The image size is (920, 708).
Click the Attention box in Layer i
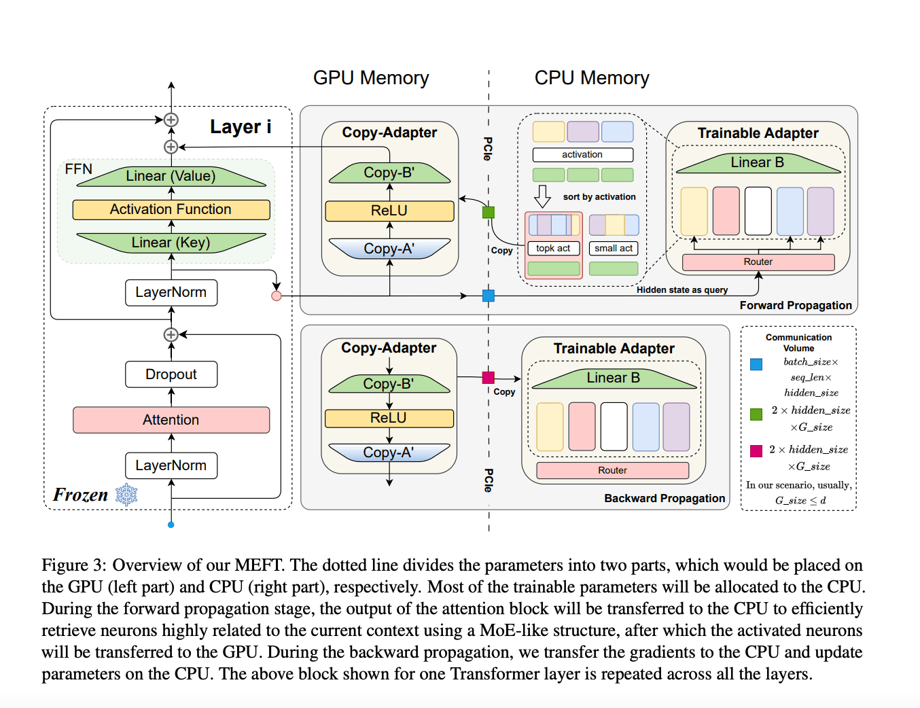(171, 420)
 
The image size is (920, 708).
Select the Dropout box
(171, 374)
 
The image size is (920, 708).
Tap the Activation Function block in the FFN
(171, 209)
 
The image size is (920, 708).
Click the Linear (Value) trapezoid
(171, 177)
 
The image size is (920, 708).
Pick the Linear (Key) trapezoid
(171, 243)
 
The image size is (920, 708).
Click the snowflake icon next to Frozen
(126, 495)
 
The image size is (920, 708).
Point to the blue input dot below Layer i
(171, 525)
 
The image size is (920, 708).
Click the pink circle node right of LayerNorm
(277, 296)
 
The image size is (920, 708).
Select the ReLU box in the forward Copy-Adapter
(389, 211)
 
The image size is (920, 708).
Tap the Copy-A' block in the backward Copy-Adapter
(389, 453)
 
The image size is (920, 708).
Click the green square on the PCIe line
(488, 213)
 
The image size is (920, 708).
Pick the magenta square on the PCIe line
(488, 377)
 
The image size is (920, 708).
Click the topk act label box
(553, 249)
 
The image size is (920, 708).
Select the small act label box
(614, 249)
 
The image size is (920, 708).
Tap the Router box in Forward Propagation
(758, 262)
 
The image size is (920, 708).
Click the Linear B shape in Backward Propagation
(614, 379)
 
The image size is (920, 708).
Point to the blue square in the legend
(756, 364)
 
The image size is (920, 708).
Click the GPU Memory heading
(371, 78)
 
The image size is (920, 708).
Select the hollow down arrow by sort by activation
(542, 196)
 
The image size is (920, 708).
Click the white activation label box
(582, 155)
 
